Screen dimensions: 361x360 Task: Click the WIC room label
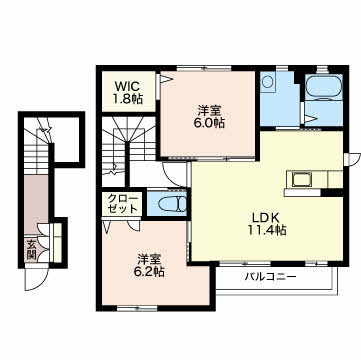[127, 86]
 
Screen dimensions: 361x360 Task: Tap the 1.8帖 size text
[127, 99]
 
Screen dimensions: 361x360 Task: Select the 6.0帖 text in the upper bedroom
[210, 123]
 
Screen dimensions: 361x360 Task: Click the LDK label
[265, 217]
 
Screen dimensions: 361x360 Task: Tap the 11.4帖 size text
[266, 230]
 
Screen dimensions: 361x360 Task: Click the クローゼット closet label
[123, 205]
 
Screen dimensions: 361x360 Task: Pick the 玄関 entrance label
[32, 249]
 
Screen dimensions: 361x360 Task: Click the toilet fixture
[172, 204]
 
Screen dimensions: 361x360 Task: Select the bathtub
[324, 88]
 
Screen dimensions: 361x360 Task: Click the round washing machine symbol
[267, 81]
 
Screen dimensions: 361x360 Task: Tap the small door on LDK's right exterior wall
[354, 159]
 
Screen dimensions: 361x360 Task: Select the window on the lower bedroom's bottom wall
[137, 308]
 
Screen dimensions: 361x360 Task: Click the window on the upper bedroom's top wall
[204, 68]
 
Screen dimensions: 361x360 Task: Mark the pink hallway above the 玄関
[36, 204]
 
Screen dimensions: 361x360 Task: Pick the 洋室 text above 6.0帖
[210, 110]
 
